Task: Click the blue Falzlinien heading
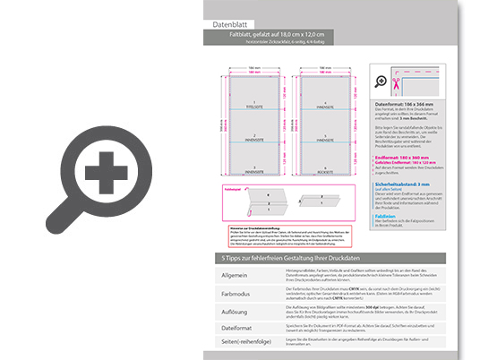pos(388,216)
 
